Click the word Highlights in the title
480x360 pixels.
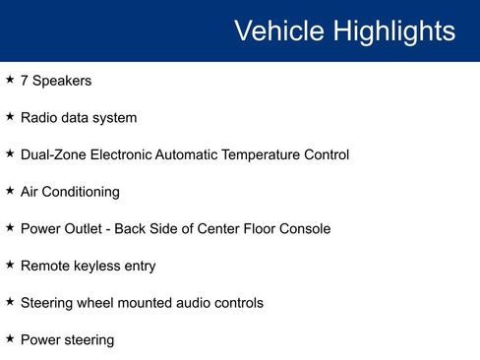[x=392, y=30]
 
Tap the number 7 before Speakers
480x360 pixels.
[x=25, y=81]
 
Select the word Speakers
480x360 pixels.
[x=62, y=81]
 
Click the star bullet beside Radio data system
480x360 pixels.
[x=10, y=117]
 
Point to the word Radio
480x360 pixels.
[x=39, y=118]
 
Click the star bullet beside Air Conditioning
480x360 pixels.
[x=10, y=191]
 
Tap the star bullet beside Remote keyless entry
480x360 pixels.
[x=10, y=265]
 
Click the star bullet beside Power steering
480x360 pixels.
[x=10, y=338]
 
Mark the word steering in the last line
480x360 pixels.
[x=88, y=340]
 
